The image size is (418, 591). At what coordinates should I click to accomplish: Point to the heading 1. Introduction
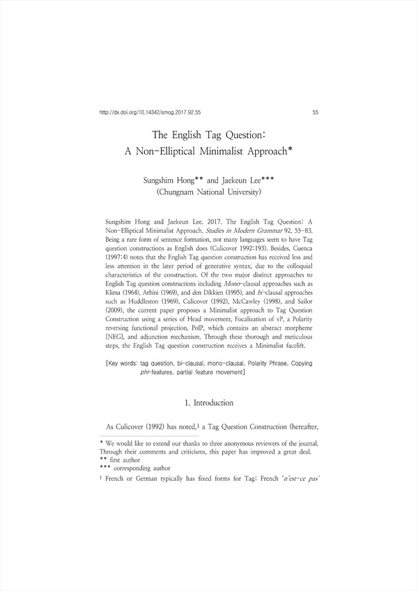[209, 403]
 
